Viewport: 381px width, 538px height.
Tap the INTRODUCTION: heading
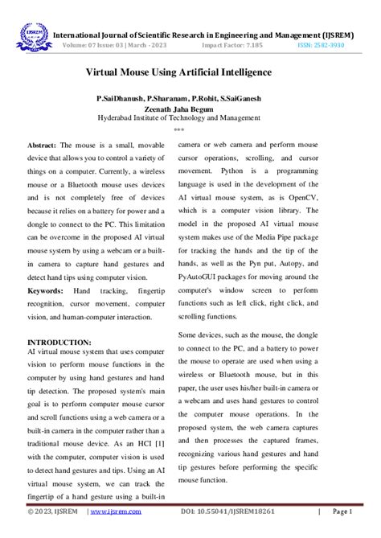pyautogui.click(x=59, y=342)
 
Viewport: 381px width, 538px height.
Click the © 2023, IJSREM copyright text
pyautogui.click(x=52, y=511)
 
